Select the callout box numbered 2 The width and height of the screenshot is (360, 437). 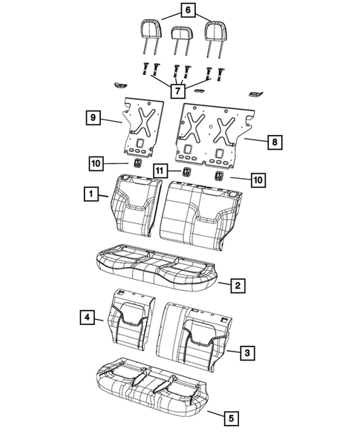238,285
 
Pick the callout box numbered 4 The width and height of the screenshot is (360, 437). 88,318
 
